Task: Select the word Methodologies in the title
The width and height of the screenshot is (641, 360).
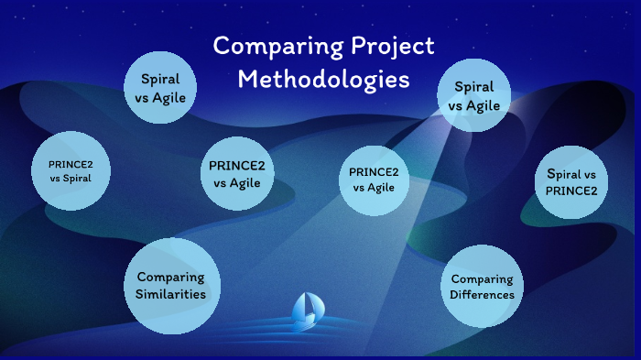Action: tap(323, 79)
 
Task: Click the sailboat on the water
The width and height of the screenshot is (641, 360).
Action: tap(305, 311)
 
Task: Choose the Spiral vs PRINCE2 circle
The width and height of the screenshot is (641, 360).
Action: tap(571, 182)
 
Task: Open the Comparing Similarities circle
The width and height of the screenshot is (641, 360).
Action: tap(171, 285)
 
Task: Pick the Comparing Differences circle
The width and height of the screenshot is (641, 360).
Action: tap(482, 287)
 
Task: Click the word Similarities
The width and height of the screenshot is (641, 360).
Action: tap(171, 294)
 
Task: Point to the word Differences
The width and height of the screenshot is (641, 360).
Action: tap(482, 295)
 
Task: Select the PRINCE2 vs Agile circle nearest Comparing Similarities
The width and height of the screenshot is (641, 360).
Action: tap(237, 174)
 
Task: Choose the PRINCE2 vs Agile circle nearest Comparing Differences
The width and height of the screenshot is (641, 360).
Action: tap(373, 180)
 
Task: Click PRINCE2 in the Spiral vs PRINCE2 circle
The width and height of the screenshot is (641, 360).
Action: tap(571, 191)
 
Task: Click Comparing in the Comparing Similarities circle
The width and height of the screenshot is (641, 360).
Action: tap(171, 277)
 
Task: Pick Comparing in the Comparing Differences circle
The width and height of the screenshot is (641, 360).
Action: tap(482, 279)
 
